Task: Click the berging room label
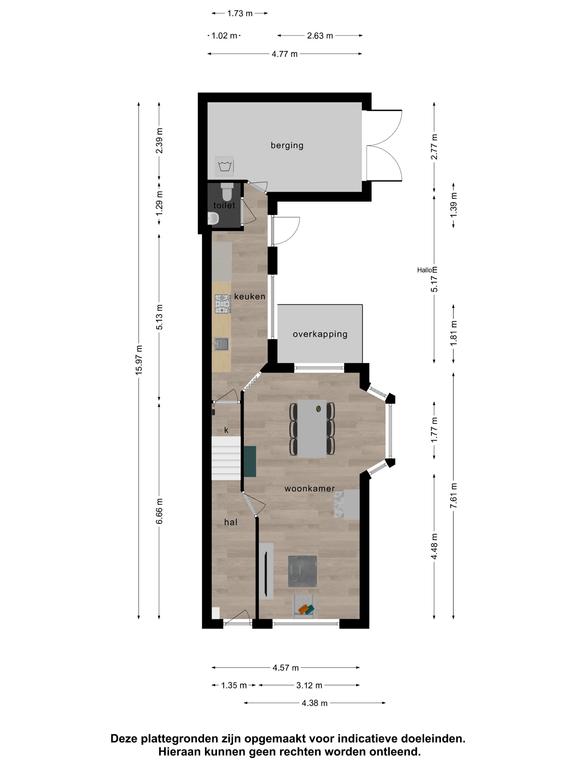[287, 145]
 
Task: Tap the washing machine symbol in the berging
[226, 166]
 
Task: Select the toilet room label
[224, 205]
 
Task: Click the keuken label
[250, 296]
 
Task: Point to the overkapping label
[320, 335]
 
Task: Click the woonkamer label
[310, 488]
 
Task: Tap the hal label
[231, 522]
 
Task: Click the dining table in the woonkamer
[312, 429]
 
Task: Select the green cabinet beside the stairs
[250, 462]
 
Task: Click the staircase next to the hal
[226, 459]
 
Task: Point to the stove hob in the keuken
[222, 304]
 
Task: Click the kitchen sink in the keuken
[222, 344]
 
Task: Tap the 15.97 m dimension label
[140, 360]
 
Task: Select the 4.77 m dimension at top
[285, 54]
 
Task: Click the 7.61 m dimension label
[454, 496]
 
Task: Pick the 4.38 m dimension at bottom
[314, 703]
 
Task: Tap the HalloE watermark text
[427, 270]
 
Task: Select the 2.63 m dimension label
[320, 36]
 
